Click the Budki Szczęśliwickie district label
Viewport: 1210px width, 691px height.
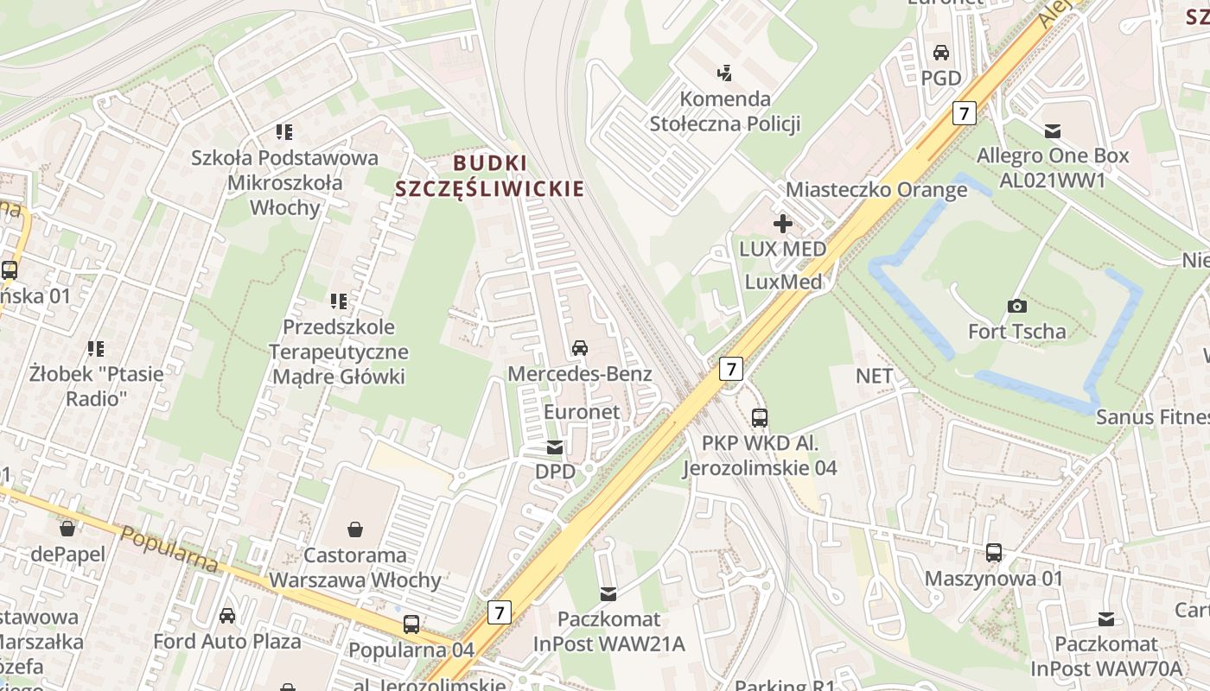pyautogui.click(x=489, y=175)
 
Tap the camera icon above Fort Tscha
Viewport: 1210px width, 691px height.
pyautogui.click(x=1017, y=306)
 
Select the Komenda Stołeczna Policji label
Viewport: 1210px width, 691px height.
pyautogui.click(x=725, y=111)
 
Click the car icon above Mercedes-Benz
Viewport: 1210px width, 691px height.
pyautogui.click(x=580, y=348)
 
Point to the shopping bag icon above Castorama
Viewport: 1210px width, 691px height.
pyautogui.click(x=355, y=529)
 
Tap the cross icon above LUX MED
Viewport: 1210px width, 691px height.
pyautogui.click(x=782, y=224)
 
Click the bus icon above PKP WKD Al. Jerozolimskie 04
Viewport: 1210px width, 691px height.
pyautogui.click(x=760, y=418)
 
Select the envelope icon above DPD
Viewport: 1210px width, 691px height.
pyautogui.click(x=554, y=447)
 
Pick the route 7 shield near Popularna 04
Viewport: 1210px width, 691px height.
pyautogui.click(x=499, y=612)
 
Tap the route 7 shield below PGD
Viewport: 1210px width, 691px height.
pyautogui.click(x=965, y=112)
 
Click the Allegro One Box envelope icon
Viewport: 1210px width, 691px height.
pyautogui.click(x=1053, y=131)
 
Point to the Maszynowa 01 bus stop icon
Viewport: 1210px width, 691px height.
pyautogui.click(x=994, y=553)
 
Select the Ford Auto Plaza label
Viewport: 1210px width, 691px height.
pyautogui.click(x=227, y=641)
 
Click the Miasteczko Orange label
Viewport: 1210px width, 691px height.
pyautogui.click(x=876, y=190)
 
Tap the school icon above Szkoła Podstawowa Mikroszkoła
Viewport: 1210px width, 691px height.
pyautogui.click(x=284, y=132)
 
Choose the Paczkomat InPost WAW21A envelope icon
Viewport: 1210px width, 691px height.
pyautogui.click(x=608, y=593)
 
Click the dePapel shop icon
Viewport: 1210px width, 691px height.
pyautogui.click(x=67, y=529)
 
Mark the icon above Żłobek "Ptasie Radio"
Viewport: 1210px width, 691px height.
pyautogui.click(x=95, y=349)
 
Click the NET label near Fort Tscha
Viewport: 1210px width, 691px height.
pyautogui.click(x=874, y=376)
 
